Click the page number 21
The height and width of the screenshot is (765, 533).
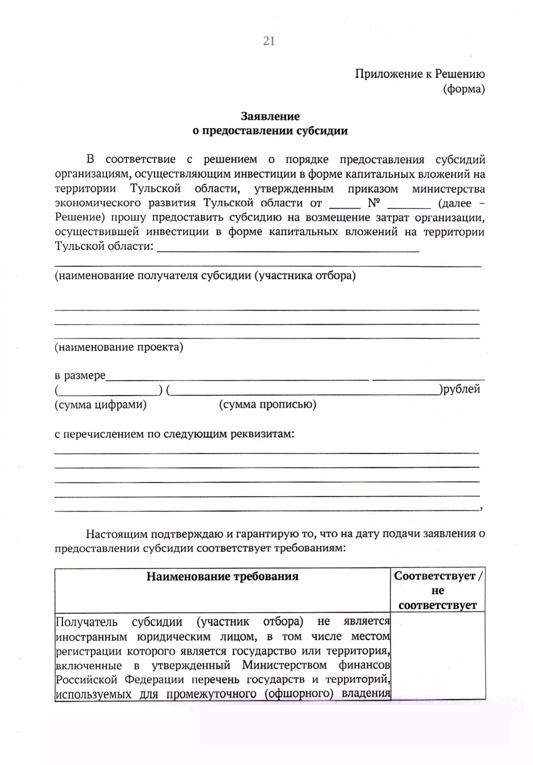click(269, 41)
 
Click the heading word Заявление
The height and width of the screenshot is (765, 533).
click(270, 116)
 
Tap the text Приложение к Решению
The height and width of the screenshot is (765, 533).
click(419, 74)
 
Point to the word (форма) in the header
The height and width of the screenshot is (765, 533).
click(464, 89)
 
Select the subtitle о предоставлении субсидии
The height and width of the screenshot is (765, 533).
click(270, 131)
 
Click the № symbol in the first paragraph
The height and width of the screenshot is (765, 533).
click(374, 203)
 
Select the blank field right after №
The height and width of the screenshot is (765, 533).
click(409, 205)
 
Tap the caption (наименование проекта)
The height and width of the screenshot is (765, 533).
click(119, 347)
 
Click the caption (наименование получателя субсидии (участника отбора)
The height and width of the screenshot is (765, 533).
click(205, 276)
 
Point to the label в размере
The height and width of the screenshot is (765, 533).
click(80, 376)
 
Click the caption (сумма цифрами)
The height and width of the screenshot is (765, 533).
click(100, 404)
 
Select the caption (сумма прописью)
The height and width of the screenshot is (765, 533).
click(268, 404)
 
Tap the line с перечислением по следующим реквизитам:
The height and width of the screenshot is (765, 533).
click(175, 434)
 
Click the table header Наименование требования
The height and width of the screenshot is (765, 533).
click(223, 576)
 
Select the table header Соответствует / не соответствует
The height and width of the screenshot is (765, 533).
click(438, 591)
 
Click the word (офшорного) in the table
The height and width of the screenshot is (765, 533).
click(298, 694)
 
